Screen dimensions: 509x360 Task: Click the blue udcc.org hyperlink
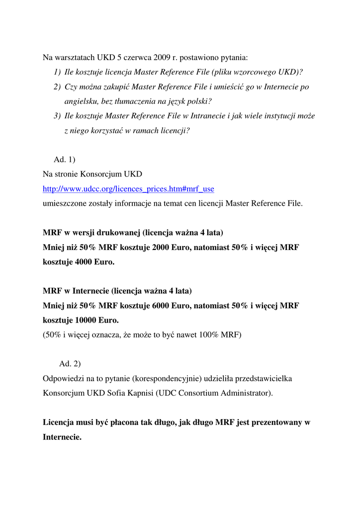pos(128,189)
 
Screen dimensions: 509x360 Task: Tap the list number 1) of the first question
pos(58,72)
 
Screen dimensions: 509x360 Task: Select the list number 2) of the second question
pos(58,86)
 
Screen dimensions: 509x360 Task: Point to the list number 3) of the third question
pos(58,116)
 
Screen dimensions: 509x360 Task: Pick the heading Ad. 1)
pos(64,160)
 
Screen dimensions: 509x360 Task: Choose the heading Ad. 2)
pos(70,363)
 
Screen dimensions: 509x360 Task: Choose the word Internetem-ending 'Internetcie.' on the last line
pos(62,437)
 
